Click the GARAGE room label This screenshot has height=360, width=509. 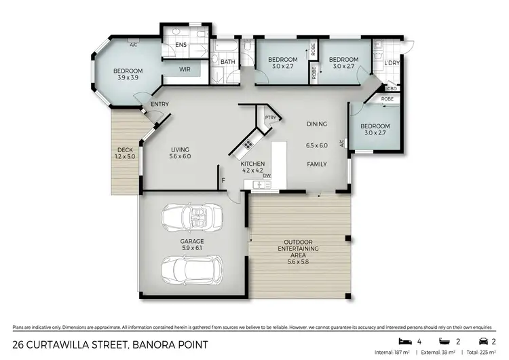pyautogui.click(x=192, y=241)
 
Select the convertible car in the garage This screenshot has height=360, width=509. pyautogui.click(x=192, y=219)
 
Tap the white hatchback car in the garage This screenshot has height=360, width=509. pyautogui.click(x=192, y=270)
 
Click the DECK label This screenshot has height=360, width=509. pyautogui.click(x=124, y=150)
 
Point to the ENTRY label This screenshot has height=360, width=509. pyautogui.click(x=159, y=104)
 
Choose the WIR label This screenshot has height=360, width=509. pyautogui.click(x=184, y=69)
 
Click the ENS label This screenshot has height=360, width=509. pyautogui.click(x=181, y=46)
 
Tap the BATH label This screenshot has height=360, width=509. pyautogui.click(x=228, y=62)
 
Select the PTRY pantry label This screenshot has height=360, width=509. pyautogui.click(x=271, y=117)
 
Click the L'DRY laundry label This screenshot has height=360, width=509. pyautogui.click(x=391, y=63)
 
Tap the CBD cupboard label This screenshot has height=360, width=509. pyautogui.click(x=392, y=88)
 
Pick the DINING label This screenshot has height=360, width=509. pyautogui.click(x=317, y=124)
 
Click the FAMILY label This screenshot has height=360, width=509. pyautogui.click(x=317, y=164)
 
